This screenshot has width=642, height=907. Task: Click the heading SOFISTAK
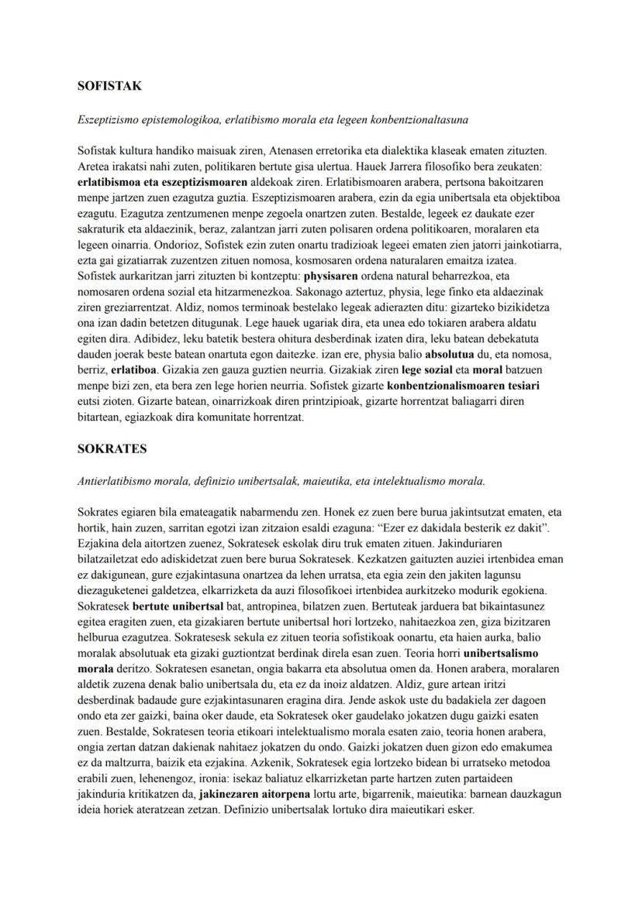(109, 86)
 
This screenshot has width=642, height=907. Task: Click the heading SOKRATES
(112, 448)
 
